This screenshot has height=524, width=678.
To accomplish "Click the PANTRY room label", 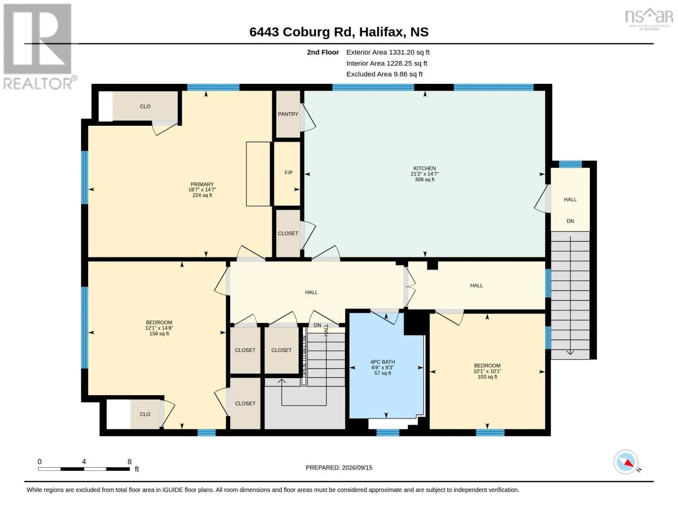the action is coord(288,114).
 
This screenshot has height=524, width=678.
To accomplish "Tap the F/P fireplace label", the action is coord(288,172).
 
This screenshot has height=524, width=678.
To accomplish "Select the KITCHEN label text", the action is coord(424,168).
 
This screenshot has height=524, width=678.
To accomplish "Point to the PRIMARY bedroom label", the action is coord(202,184).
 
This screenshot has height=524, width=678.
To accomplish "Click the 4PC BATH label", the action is coord(382,362).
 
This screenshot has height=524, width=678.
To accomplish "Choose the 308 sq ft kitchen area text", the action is coord(424,179).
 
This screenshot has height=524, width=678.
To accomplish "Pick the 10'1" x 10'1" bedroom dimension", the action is coord(487,371).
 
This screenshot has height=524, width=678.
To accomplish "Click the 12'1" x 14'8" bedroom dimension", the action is coord(159,328).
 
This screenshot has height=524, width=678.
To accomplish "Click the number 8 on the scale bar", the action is coord(130,462).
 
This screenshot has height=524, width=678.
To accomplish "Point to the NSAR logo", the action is coord(649,19).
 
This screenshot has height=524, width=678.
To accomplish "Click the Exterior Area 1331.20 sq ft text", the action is coord(388,52).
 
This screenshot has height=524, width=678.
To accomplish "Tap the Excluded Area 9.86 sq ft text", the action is coord(384,74).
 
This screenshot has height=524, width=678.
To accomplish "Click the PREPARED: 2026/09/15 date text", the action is coord(339,468).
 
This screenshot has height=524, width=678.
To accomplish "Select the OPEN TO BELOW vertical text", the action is coord(305,356).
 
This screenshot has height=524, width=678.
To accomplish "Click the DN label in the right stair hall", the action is coord(570,221).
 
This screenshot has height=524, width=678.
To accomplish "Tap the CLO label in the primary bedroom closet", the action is coord(145,107).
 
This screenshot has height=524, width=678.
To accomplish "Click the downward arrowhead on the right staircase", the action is coord(570,352).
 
